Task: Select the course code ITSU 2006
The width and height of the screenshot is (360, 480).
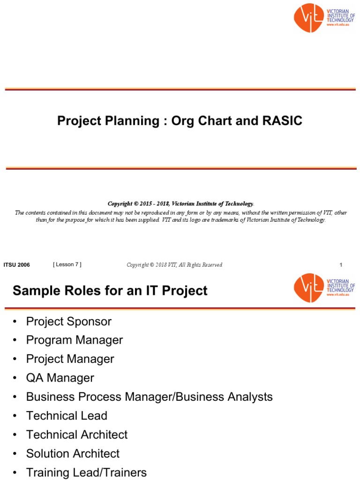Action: click(x=17, y=265)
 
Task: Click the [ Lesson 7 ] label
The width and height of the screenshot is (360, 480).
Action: click(x=67, y=264)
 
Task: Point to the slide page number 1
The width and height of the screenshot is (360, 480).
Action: click(x=341, y=265)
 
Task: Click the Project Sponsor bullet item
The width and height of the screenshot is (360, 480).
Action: click(x=69, y=322)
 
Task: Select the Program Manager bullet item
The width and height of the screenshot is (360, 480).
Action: click(x=75, y=340)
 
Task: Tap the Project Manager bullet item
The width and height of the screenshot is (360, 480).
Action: click(x=70, y=359)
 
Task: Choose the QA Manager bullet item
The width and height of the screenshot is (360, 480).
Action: click(x=60, y=378)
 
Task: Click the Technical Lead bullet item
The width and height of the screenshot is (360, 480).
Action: click(x=67, y=416)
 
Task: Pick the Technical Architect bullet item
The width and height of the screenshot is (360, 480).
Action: click(x=77, y=435)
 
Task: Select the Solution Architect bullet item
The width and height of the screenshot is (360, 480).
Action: click(x=73, y=454)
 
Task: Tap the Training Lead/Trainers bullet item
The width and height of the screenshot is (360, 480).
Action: click(x=86, y=472)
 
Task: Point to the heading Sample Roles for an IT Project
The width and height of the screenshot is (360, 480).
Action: click(x=110, y=291)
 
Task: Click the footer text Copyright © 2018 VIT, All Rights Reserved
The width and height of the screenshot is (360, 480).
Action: click(x=174, y=265)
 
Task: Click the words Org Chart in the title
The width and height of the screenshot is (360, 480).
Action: click(x=199, y=121)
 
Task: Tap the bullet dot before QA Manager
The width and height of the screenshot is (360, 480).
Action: click(x=15, y=378)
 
